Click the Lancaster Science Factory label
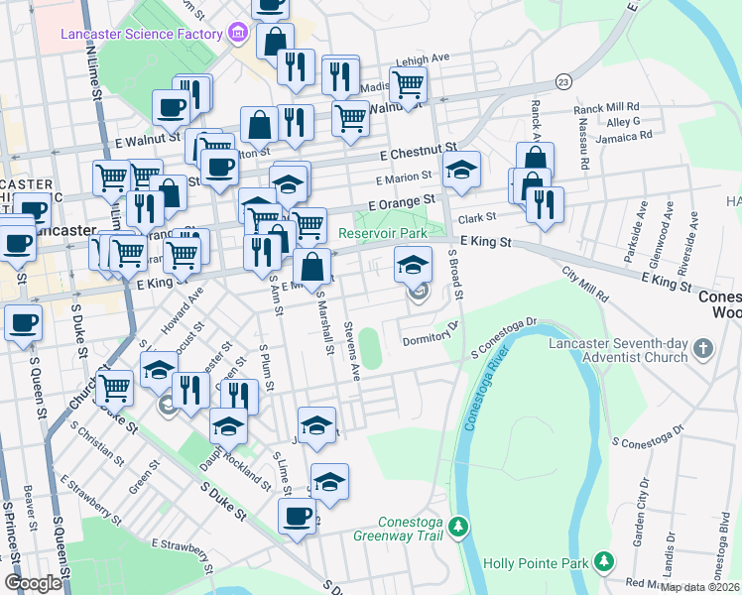click(142, 35)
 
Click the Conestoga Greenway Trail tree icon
click(457, 525)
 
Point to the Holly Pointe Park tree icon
click(603, 564)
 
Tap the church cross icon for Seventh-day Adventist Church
click(702, 348)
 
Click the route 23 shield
click(564, 80)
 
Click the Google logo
click(34, 583)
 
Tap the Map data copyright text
click(700, 587)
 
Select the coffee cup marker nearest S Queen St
click(23, 320)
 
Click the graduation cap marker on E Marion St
click(461, 169)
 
